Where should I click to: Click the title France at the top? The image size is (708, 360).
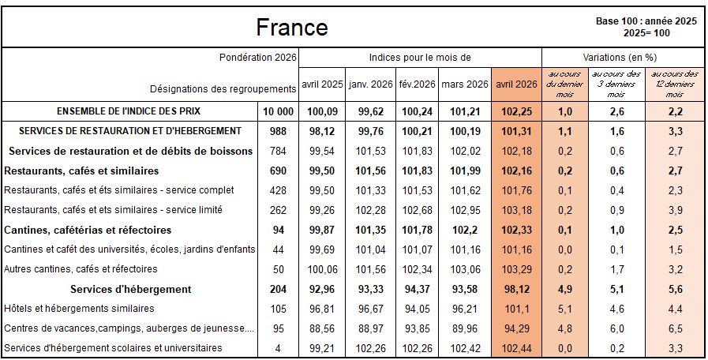point(292,27)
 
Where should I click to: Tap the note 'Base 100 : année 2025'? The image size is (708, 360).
point(646,21)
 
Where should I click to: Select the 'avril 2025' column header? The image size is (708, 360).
point(322,84)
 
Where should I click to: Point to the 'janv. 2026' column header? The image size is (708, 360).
point(371,84)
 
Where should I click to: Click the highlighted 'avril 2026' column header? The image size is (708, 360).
point(516,84)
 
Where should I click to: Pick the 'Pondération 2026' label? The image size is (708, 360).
point(258,58)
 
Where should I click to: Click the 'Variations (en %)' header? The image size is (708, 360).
point(620,58)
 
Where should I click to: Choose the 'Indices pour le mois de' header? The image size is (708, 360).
point(420,58)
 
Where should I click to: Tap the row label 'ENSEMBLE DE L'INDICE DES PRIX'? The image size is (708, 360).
point(129,111)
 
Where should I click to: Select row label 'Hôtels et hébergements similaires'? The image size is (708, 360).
point(79,309)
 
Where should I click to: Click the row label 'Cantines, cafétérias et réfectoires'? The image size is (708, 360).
point(88,230)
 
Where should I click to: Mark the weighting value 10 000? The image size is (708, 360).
point(278,111)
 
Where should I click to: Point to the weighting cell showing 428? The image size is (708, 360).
point(278,190)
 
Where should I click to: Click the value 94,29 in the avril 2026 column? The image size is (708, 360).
point(516,329)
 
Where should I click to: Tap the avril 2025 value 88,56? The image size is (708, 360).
point(322,329)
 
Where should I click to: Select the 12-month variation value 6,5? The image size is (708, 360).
point(675,329)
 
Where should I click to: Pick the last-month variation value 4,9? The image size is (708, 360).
point(565,289)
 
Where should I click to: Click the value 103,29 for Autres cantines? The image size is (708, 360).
point(516,270)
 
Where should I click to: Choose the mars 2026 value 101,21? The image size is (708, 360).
point(465,111)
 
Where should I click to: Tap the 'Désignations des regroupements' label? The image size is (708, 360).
point(223,89)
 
